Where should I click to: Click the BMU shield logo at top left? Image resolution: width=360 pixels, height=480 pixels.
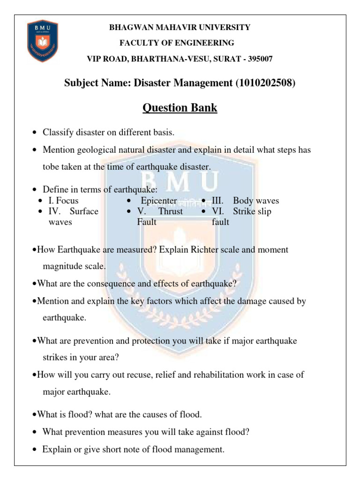[42, 41]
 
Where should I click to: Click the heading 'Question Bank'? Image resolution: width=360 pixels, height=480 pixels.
[180, 108]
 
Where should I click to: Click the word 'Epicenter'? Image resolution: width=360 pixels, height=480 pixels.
[159, 201]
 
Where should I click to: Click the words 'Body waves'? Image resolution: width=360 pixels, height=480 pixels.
[256, 201]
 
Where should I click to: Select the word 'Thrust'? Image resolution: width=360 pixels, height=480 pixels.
[171, 211]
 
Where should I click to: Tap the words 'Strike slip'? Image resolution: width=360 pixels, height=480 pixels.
[252, 211]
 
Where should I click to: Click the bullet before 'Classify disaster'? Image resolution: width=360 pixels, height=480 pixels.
[35, 133]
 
